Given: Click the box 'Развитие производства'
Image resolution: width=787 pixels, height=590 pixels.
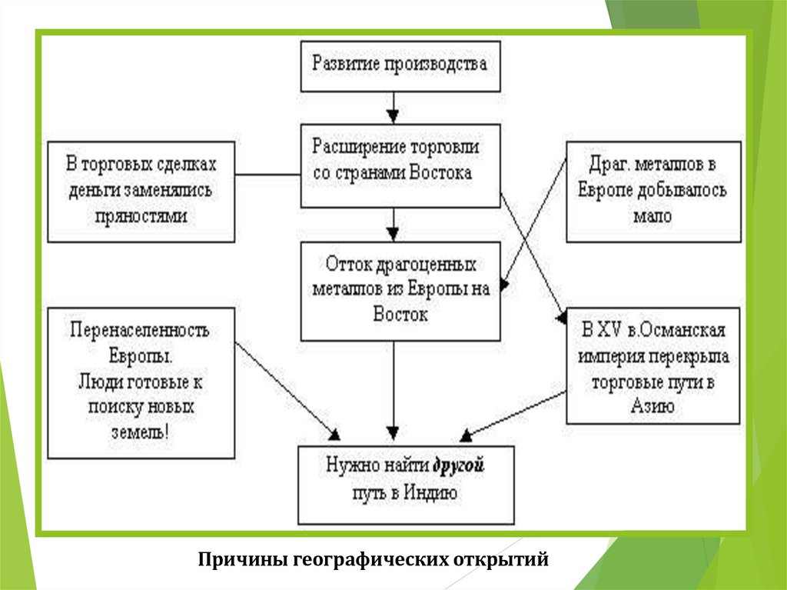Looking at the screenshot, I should click(x=399, y=65).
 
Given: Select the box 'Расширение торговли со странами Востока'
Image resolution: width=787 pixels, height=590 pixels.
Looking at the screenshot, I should click(x=399, y=165).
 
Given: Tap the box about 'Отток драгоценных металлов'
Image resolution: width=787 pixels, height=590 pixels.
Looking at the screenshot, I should click(x=400, y=291).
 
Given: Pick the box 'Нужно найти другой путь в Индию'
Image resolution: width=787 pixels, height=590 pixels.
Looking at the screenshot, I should click(x=406, y=484).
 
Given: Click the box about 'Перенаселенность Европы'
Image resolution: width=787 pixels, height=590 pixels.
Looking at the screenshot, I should click(x=141, y=382).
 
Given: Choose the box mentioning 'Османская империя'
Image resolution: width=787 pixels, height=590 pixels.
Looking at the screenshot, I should click(x=653, y=365).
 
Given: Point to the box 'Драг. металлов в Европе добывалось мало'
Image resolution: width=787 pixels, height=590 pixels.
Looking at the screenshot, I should click(x=653, y=190).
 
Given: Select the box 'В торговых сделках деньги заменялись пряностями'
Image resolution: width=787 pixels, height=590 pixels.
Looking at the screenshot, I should click(x=141, y=190).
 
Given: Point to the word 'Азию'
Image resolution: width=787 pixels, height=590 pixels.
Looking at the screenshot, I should click(x=653, y=406).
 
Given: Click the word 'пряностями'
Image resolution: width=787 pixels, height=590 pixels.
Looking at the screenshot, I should click(x=141, y=216).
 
